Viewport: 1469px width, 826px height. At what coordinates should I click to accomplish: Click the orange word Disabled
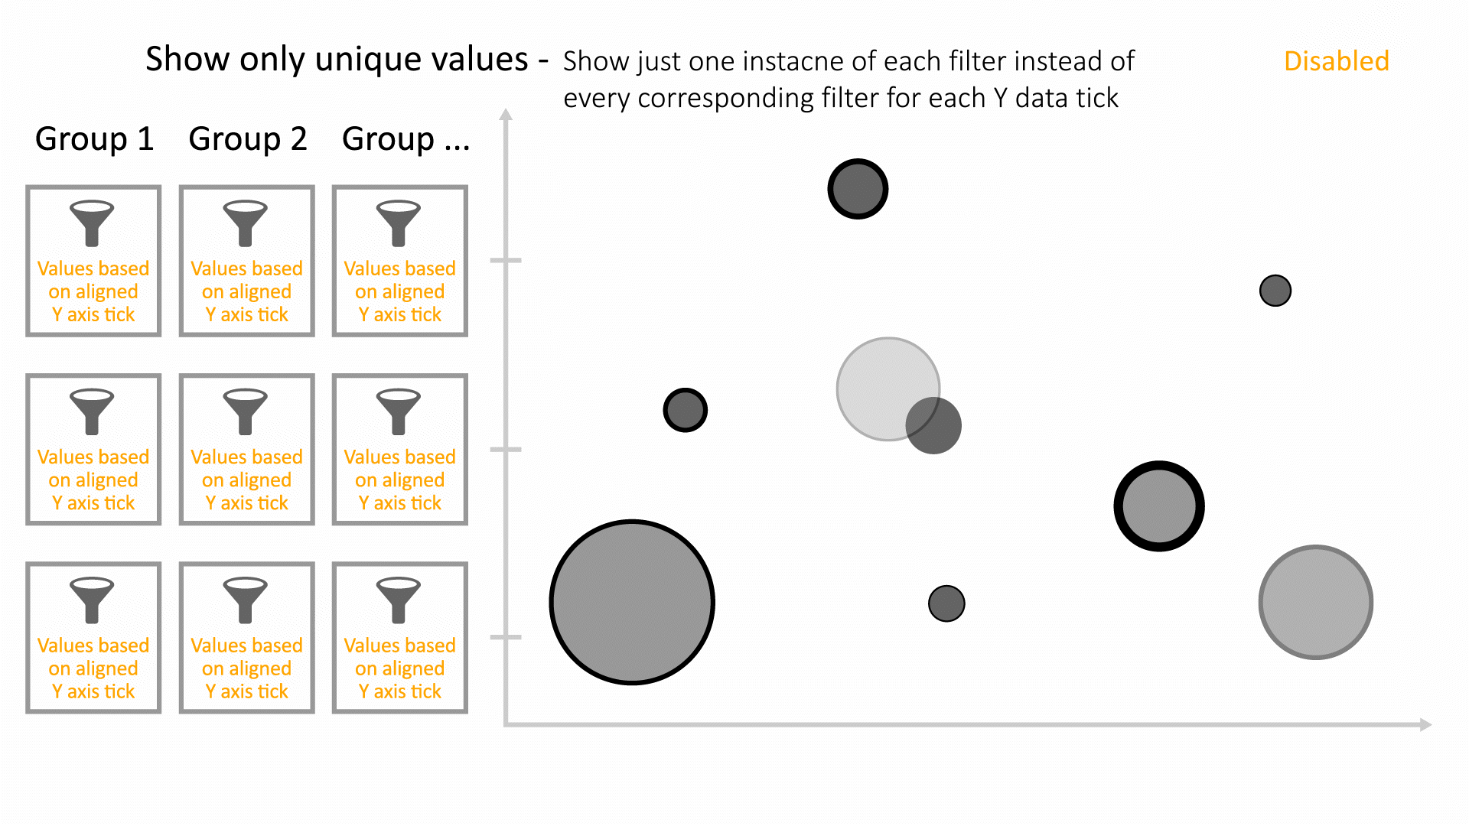point(1336,61)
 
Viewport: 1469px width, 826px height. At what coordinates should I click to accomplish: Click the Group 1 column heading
point(95,138)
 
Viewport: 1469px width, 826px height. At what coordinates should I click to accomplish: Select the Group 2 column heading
point(248,138)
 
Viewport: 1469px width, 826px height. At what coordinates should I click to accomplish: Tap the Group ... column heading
point(406,138)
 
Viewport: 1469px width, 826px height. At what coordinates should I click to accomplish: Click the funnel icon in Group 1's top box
point(92,223)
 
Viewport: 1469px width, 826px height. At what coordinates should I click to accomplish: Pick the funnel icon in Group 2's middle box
point(246,412)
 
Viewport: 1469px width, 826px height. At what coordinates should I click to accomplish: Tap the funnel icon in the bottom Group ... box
point(399,600)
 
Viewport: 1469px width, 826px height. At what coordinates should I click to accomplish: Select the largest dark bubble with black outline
point(632,603)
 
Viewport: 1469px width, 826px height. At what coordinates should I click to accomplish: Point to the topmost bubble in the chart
point(858,189)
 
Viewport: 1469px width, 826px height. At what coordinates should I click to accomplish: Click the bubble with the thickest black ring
point(1159,506)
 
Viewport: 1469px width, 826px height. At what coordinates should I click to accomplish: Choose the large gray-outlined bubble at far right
point(1316,602)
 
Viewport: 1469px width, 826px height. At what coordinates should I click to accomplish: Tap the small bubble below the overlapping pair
point(946,603)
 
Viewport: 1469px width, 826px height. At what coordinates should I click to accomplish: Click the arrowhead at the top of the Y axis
point(506,114)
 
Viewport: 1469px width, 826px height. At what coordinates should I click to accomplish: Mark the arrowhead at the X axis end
point(1425,724)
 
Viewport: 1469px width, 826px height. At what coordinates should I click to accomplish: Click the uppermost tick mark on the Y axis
point(506,260)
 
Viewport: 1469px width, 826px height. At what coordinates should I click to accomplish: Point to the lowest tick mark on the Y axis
point(506,637)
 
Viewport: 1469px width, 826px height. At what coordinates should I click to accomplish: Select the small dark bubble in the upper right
point(1275,291)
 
